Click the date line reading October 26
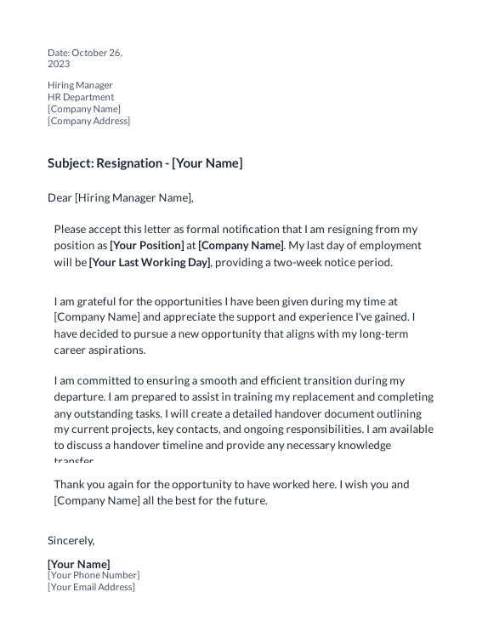click(85, 53)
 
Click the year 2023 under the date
click(59, 64)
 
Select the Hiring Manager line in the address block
click(80, 85)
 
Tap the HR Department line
click(81, 97)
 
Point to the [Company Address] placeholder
click(88, 121)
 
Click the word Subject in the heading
click(70, 163)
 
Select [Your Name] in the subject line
click(207, 163)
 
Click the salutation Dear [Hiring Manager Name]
click(121, 198)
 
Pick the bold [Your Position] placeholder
click(146, 246)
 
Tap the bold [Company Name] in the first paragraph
click(241, 246)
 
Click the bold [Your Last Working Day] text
click(149, 262)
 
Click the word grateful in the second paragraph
click(95, 301)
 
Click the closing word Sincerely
click(71, 540)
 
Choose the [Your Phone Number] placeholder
click(94, 575)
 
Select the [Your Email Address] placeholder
click(91, 587)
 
